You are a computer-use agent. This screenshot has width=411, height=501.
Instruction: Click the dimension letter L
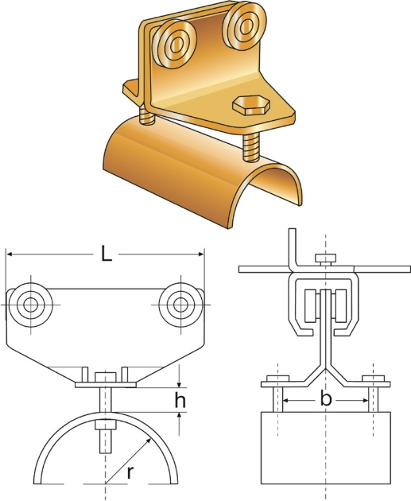point(107,254)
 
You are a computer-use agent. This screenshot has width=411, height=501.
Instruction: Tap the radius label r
point(130,473)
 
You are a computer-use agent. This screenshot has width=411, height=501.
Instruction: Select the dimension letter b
point(325,399)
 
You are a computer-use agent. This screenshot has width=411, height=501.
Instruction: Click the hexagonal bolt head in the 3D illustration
point(251,105)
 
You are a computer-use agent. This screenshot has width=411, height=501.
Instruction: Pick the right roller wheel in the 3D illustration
point(244,26)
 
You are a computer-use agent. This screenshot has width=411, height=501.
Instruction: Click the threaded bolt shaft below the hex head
point(251,147)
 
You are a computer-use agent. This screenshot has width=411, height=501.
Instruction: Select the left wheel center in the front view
point(31,305)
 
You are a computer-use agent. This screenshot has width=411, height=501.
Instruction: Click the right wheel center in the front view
point(180,305)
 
